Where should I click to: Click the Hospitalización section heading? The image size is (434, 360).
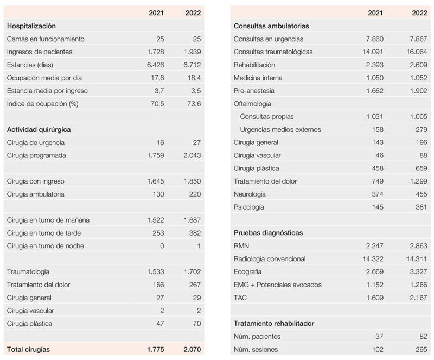31,26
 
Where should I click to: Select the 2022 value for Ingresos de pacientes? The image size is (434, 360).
192,52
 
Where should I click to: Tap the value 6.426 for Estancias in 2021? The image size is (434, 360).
155,65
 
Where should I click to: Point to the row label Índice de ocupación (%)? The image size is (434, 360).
43,104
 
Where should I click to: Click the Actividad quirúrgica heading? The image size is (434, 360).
39,130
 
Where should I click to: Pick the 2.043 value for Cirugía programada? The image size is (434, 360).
192,155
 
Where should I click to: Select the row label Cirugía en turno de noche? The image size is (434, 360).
46,246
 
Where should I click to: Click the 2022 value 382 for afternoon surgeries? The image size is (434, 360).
195,233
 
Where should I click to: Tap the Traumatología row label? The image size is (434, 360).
28,272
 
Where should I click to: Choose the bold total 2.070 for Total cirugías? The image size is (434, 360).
192,350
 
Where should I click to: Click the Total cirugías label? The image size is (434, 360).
28,350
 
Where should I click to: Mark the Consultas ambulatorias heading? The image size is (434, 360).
271,26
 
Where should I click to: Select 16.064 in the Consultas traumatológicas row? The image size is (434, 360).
417,52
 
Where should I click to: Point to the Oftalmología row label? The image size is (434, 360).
252,104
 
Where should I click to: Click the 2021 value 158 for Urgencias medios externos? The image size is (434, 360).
378,130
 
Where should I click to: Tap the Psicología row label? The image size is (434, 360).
248,207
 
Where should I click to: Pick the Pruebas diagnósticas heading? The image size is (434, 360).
268,233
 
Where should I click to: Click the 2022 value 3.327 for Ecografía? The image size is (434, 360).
418,272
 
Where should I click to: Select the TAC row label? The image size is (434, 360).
240,298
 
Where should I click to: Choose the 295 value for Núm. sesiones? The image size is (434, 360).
422,350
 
